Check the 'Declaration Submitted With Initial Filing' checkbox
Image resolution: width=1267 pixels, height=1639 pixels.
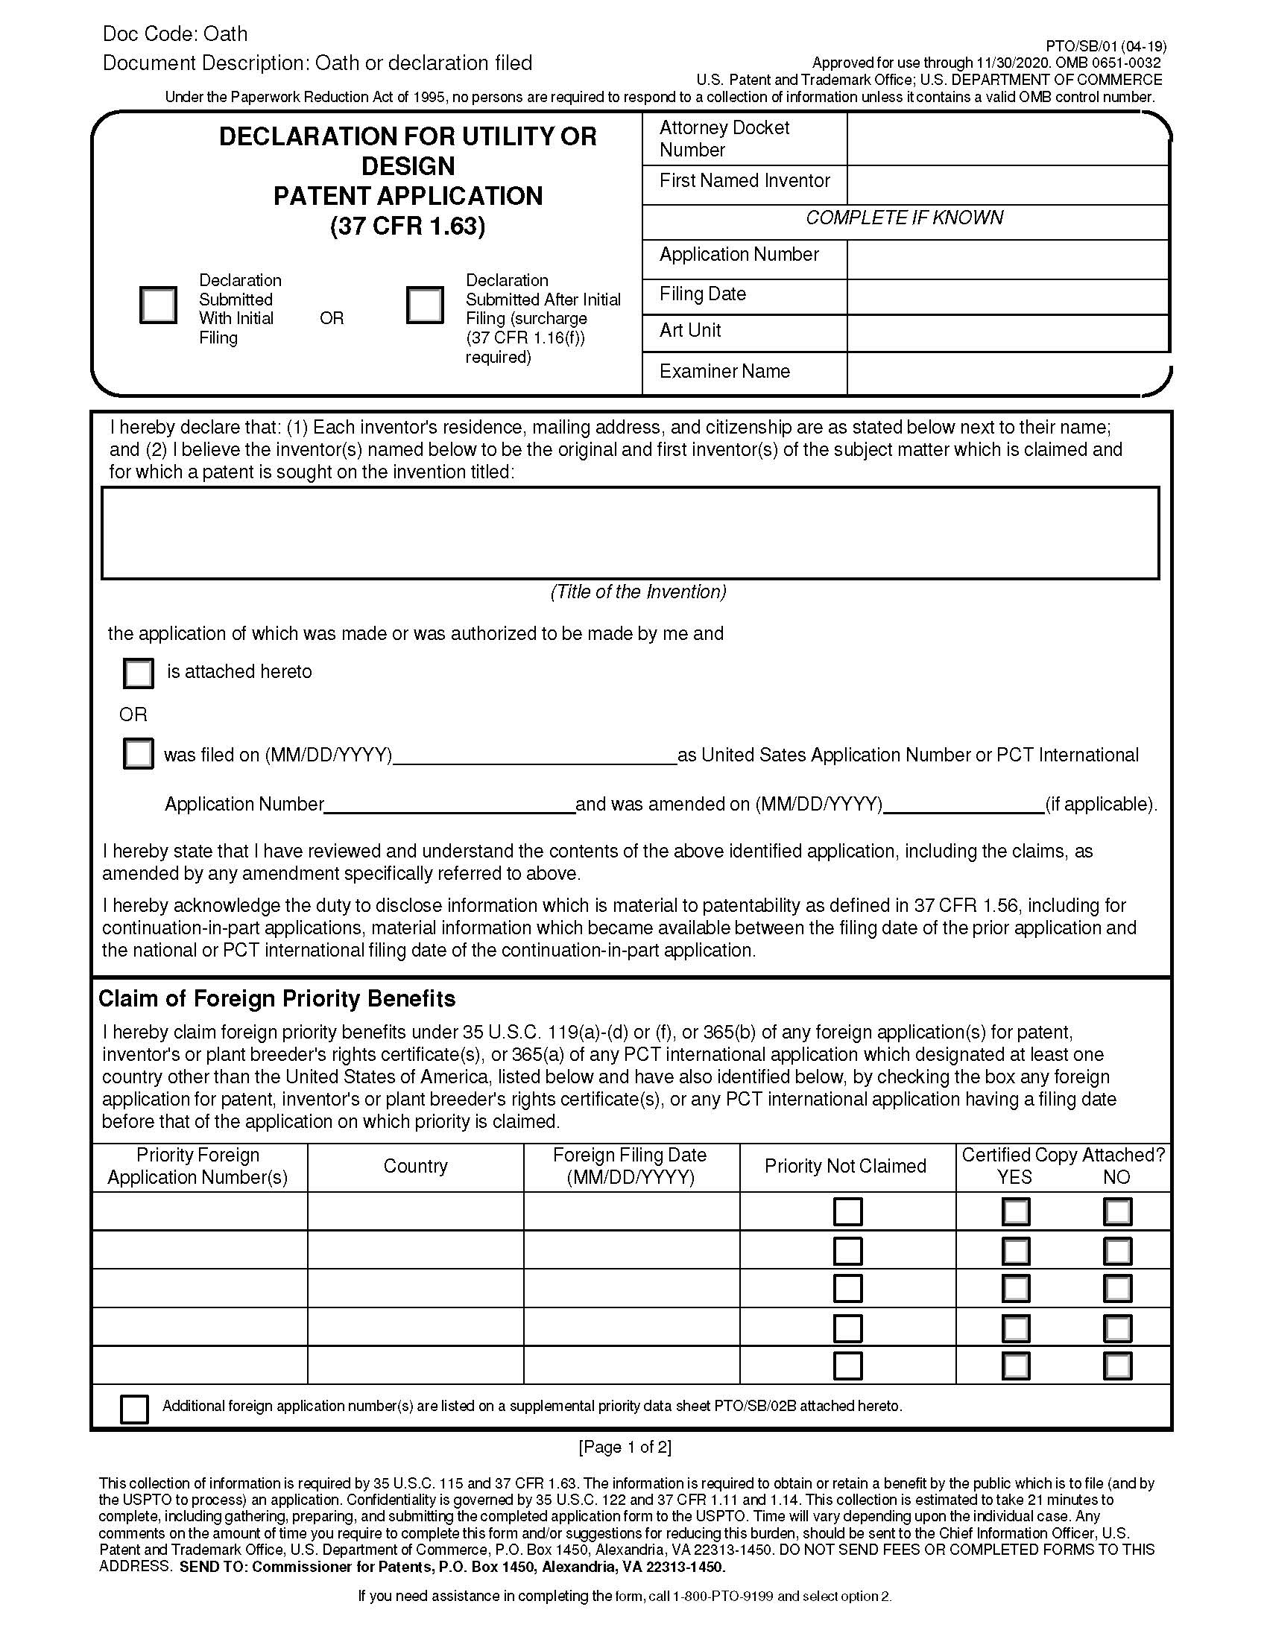point(158,305)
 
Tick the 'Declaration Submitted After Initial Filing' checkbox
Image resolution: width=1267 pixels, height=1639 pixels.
point(425,305)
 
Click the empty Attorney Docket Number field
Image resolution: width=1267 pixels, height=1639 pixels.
point(1008,139)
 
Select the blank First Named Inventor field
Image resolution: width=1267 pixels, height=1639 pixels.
point(1008,185)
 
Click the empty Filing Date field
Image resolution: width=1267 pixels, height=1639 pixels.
point(1008,297)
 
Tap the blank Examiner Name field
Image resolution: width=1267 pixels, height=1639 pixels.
point(1008,373)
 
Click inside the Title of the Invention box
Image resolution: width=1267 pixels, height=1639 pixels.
point(630,533)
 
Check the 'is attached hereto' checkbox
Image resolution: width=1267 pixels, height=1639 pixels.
point(138,673)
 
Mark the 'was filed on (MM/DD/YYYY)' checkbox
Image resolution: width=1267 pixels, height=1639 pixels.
point(138,753)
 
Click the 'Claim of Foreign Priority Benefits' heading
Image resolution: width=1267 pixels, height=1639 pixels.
point(277,999)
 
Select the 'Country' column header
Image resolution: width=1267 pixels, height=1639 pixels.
point(415,1165)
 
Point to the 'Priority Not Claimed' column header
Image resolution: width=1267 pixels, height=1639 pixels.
point(845,1165)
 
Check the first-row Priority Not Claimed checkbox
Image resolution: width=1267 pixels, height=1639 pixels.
point(848,1211)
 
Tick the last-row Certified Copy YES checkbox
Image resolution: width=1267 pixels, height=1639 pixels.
point(1016,1365)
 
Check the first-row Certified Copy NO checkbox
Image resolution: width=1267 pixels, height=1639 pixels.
point(1117,1211)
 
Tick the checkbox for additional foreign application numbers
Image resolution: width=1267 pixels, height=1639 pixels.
point(134,1409)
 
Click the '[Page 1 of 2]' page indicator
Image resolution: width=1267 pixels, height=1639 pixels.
point(625,1446)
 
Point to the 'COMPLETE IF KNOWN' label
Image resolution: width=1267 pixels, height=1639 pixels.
point(905,218)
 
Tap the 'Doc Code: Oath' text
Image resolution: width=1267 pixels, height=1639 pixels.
point(175,34)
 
